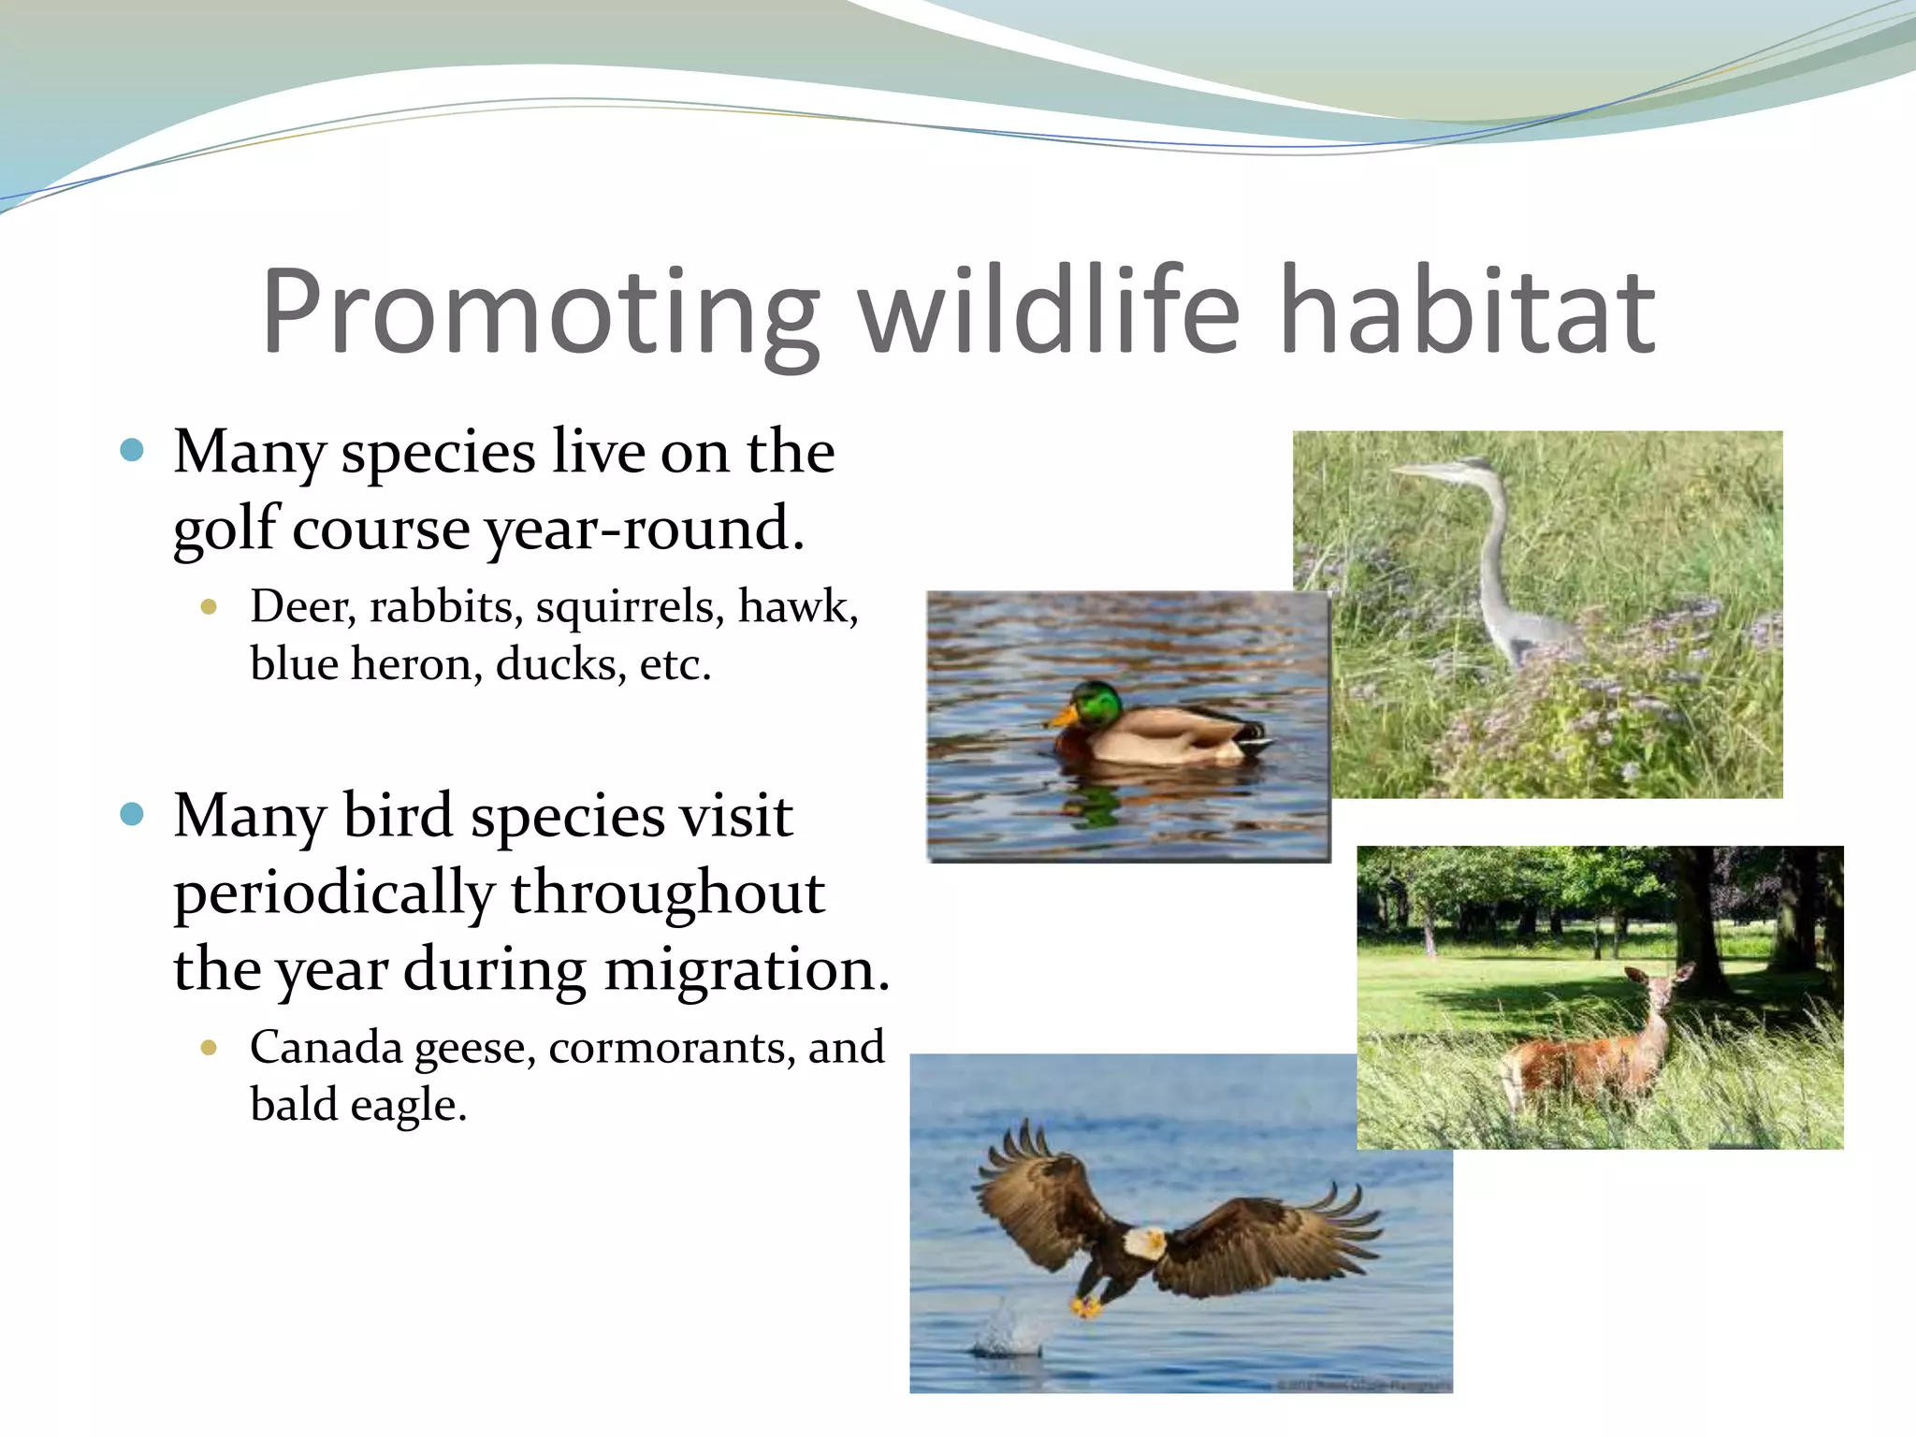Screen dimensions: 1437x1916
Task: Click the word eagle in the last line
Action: click(x=408, y=1106)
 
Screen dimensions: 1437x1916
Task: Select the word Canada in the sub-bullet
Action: click(x=326, y=1048)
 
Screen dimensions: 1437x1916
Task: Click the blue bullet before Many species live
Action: click(x=132, y=451)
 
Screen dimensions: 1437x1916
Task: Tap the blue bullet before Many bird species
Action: click(x=132, y=814)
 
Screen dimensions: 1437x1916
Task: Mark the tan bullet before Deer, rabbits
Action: click(x=209, y=607)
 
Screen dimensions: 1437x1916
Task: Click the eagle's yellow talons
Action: click(x=1087, y=1305)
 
